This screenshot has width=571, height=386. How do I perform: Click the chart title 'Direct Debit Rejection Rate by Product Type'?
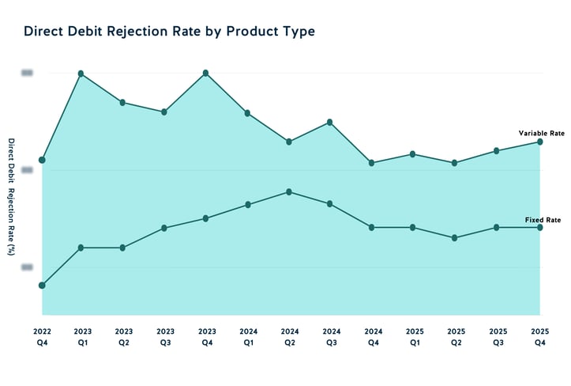(x=170, y=32)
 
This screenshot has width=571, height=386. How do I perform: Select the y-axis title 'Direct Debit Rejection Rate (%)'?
(x=11, y=197)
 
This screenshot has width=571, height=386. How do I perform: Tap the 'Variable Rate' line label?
(x=541, y=133)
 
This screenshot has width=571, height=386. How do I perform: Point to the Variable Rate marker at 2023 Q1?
(x=81, y=74)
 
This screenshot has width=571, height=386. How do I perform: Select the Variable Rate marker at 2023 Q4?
(x=206, y=73)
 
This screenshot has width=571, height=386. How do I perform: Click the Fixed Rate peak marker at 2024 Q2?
(x=289, y=191)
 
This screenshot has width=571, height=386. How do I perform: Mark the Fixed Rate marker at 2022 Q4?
(x=42, y=285)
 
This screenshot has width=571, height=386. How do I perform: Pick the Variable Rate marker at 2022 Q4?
(x=42, y=160)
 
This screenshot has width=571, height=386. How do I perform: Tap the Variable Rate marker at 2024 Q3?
(x=330, y=122)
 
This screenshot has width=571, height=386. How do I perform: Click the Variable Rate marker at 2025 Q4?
(x=540, y=142)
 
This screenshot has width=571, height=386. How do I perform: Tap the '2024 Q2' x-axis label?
(x=289, y=337)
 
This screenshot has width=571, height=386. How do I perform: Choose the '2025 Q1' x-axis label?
(x=414, y=337)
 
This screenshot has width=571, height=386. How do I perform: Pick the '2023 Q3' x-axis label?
(x=165, y=337)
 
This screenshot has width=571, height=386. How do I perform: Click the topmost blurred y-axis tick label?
(x=27, y=73)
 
